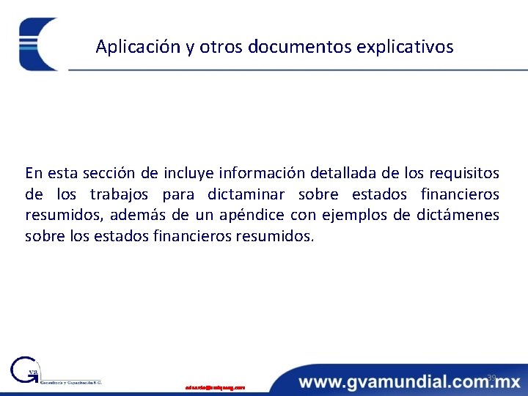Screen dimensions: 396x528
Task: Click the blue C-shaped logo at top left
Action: click(38, 44)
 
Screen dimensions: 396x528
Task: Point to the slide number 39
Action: click(491, 377)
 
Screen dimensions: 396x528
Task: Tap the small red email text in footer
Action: click(215, 386)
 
